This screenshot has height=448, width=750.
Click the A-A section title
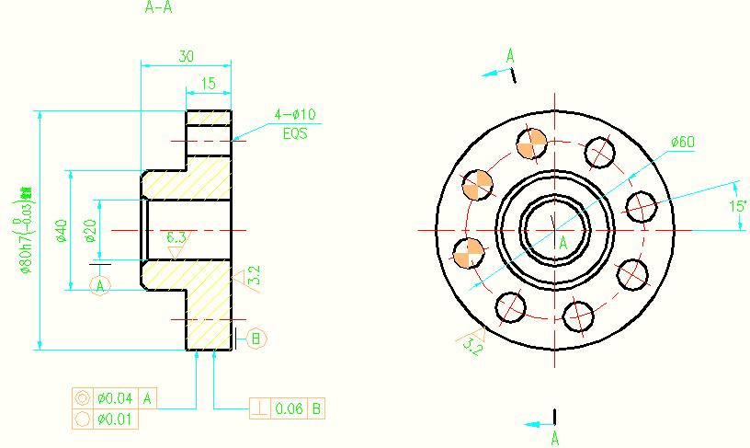pyautogui.click(x=159, y=8)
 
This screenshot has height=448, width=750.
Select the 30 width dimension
pyautogui.click(x=186, y=56)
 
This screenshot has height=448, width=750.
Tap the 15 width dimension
pyautogui.click(x=208, y=84)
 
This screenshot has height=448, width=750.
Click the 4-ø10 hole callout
pyautogui.click(x=295, y=115)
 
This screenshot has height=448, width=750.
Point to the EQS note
pyautogui.click(x=294, y=133)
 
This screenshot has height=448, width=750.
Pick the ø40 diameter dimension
pyautogui.click(x=62, y=231)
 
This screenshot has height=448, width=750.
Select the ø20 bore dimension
pyautogui.click(x=90, y=231)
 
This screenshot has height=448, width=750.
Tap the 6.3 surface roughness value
pyautogui.click(x=176, y=238)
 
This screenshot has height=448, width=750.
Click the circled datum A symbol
pyautogui.click(x=101, y=286)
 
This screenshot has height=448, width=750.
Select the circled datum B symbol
pyautogui.click(x=256, y=339)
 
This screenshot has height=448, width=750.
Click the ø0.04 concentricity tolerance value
pyautogui.click(x=115, y=398)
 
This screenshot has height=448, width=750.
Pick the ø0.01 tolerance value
pyautogui.click(x=115, y=419)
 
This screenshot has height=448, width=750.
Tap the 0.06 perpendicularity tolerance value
pyautogui.click(x=289, y=407)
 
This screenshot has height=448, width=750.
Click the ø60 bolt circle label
pyautogui.click(x=682, y=142)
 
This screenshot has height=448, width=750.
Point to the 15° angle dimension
pyautogui.click(x=737, y=207)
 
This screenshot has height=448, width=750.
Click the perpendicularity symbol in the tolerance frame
pyautogui.click(x=260, y=407)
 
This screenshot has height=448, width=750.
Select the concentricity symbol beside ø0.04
pyautogui.click(x=82, y=398)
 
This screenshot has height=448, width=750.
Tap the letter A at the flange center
pyautogui.click(x=562, y=242)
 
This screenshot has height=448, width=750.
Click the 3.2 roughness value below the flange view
pyautogui.click(x=472, y=346)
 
